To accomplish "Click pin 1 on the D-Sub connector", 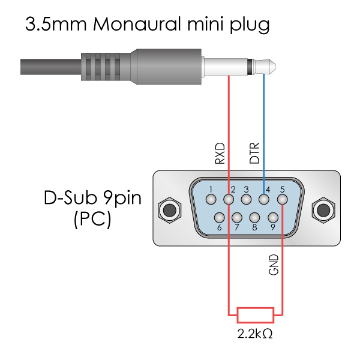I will (211, 199).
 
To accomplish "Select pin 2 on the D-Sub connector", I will (229, 199).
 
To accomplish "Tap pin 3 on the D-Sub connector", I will (246, 199).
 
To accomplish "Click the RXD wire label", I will (220, 154).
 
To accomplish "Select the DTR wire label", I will (255, 154).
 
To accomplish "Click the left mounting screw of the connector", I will (169, 210).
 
